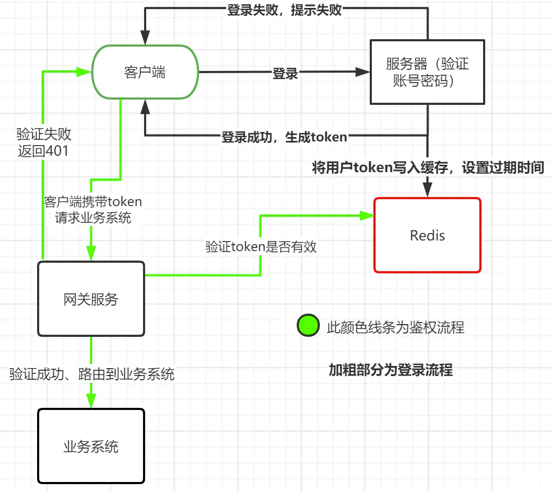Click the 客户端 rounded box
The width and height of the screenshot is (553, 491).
point(145,72)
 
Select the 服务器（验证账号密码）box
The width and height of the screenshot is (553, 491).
point(427,73)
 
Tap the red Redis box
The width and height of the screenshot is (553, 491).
point(427,235)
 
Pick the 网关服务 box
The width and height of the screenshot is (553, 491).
point(91,299)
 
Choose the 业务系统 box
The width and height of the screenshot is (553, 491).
point(91,446)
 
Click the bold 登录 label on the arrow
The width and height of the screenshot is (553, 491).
point(285,74)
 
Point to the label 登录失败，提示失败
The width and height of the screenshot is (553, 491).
point(284,10)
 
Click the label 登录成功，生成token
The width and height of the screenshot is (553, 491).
point(284,137)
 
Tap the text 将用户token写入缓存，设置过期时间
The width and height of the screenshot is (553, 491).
point(428,168)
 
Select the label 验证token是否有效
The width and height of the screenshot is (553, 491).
point(261,246)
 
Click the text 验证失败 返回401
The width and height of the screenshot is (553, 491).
point(43,141)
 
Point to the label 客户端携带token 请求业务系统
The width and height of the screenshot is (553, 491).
point(93,209)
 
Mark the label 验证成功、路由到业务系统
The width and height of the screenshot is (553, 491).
point(92,374)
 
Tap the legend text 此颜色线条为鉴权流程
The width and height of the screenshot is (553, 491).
point(395,327)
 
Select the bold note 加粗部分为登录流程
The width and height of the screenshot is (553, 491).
point(390,370)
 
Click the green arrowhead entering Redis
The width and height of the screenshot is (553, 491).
point(367,216)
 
